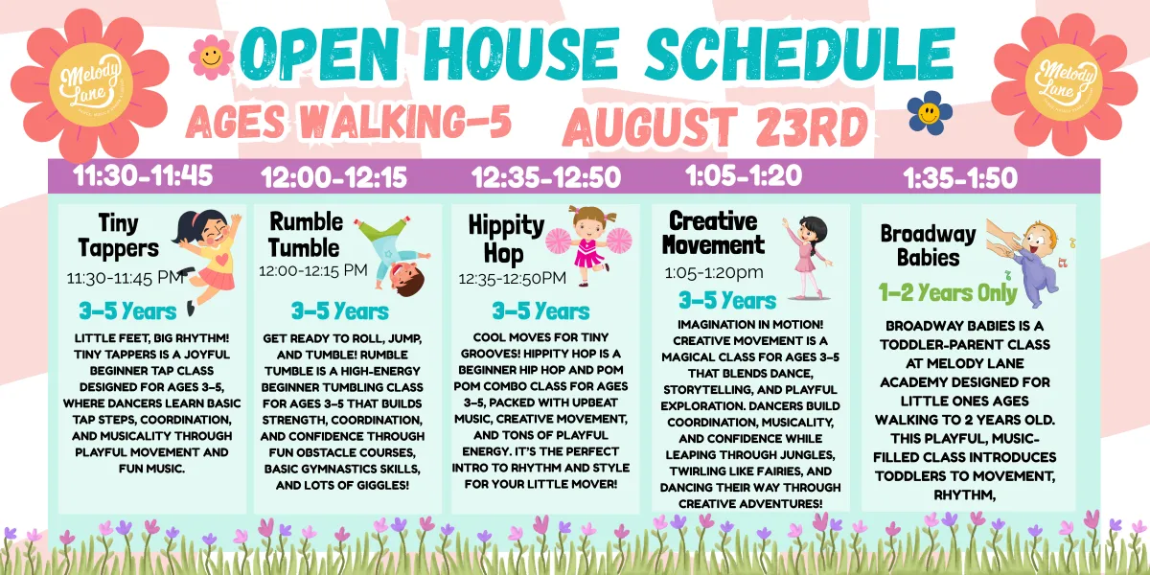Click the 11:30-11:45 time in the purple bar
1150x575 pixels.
click(x=143, y=176)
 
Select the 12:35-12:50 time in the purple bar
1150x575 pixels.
click(x=546, y=177)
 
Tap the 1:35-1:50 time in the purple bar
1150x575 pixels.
click(x=960, y=178)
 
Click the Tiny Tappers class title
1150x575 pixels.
click(x=119, y=236)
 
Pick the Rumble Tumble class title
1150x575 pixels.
click(x=306, y=235)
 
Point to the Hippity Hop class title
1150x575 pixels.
click(x=506, y=240)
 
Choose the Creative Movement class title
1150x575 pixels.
click(x=713, y=233)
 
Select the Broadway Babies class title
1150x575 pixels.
click(x=929, y=245)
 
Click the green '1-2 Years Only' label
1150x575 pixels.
click(x=948, y=293)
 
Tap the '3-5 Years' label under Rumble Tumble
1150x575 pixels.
click(x=340, y=311)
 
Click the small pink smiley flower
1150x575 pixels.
click(x=211, y=57)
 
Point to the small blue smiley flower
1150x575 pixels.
click(x=930, y=113)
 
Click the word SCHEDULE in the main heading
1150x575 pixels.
click(x=799, y=55)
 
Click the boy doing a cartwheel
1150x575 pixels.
click(x=394, y=257)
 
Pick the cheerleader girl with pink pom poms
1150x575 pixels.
click(x=588, y=245)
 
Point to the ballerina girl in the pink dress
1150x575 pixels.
click(x=808, y=258)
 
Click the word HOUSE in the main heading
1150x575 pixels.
click(x=521, y=55)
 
